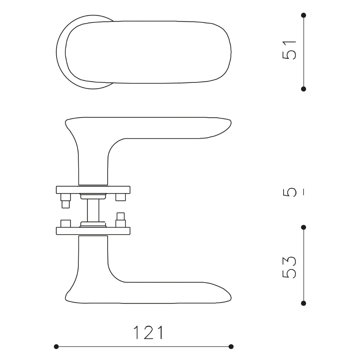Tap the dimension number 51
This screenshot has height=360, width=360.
pyautogui.click(x=289, y=50)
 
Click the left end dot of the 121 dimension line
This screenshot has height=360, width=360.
pyautogui.click(x=56, y=346)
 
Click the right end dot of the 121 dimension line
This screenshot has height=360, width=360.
pyautogui.click(x=231, y=346)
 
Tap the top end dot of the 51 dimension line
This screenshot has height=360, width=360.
pyautogui.click(x=304, y=15)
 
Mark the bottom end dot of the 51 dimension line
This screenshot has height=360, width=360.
pyautogui.click(x=304, y=89)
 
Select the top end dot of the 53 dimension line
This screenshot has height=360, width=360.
pyautogui.click(x=304, y=227)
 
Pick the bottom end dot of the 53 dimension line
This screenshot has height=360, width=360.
pyautogui.click(x=304, y=303)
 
